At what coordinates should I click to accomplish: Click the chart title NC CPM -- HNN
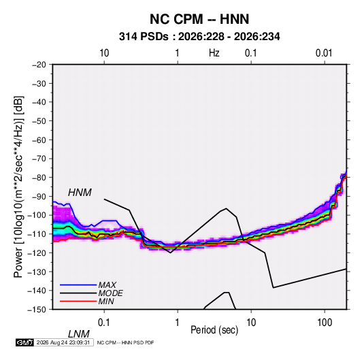point(199,19)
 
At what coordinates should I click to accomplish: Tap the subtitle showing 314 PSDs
point(199,37)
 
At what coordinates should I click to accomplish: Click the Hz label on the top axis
point(214,53)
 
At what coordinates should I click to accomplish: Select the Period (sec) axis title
point(214,330)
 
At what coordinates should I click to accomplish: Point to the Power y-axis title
point(18,187)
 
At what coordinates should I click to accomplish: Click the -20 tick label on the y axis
point(39,65)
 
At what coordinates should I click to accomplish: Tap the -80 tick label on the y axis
point(39,178)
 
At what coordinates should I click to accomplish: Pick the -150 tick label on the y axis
point(37,310)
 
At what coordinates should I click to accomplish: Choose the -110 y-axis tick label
point(37,234)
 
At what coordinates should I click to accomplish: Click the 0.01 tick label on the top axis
point(324,53)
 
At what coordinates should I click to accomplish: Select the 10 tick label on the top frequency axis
point(104,53)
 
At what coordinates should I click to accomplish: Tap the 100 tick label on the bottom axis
point(325,323)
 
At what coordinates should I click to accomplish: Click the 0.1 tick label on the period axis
point(104,323)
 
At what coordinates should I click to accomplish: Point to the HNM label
point(80,193)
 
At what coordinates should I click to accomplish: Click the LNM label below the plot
point(79,334)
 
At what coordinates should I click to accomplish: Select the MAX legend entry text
point(107,285)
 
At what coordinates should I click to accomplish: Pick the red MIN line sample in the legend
point(78,301)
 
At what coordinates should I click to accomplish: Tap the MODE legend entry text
point(110,293)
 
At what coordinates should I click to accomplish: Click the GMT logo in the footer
point(25,342)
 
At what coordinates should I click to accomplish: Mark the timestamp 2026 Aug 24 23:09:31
point(63,342)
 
